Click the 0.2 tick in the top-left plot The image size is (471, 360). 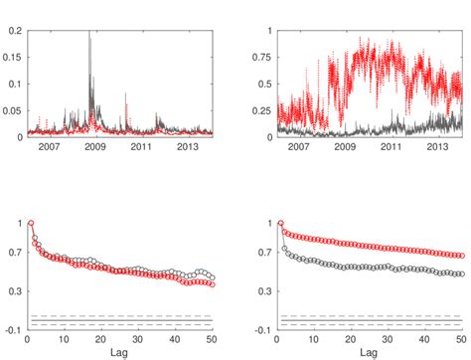click(x=17, y=30)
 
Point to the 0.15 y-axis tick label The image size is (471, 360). click(x=14, y=57)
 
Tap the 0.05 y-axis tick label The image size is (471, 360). click(x=14, y=110)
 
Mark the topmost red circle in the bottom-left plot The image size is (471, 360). click(x=31, y=224)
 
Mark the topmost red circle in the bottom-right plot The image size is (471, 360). click(x=280, y=224)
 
